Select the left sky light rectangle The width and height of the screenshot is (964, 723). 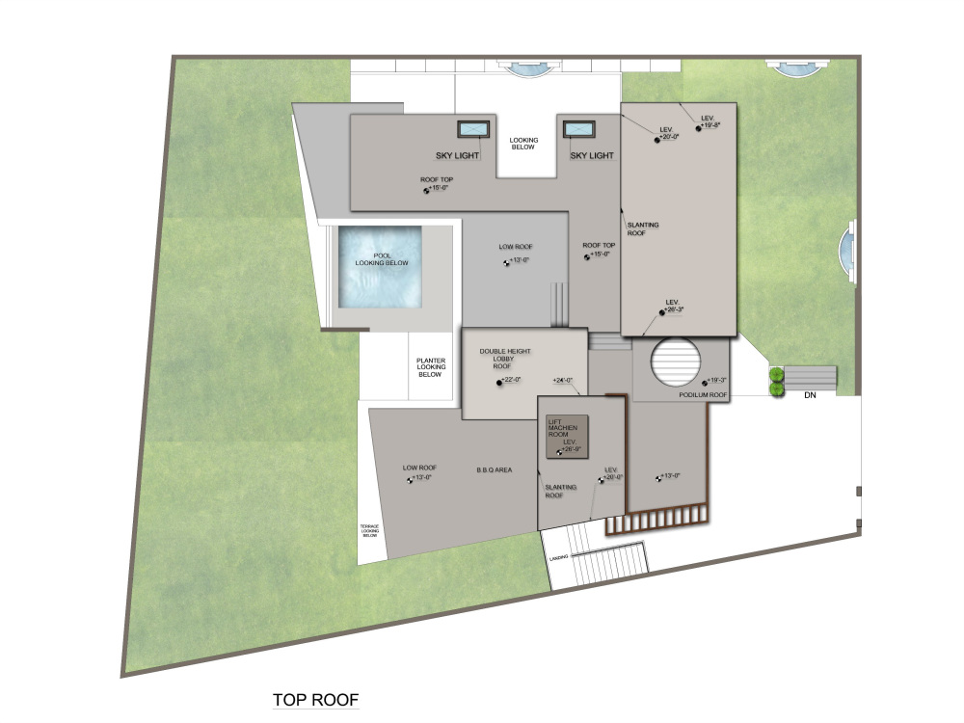tap(472, 129)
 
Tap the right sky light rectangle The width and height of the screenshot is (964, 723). tap(578, 129)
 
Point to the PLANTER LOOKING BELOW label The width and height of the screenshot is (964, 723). tap(430, 366)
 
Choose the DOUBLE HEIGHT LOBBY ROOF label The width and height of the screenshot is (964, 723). tap(506, 359)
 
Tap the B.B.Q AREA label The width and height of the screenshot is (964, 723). tap(494, 470)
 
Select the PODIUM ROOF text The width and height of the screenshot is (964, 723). tap(703, 395)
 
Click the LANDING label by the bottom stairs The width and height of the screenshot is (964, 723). tap(557, 558)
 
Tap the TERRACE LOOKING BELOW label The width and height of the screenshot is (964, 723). tap(370, 529)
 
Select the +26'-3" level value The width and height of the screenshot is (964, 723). tap(675, 309)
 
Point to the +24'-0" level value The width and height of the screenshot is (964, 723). tap(563, 381)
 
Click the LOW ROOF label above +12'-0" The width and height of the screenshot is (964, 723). tap(515, 247)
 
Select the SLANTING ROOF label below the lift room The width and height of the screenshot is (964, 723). tap(560, 492)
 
